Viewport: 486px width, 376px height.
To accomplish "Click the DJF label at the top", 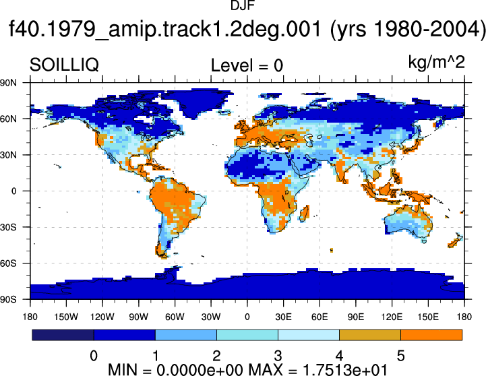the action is pyautogui.click(x=243, y=5).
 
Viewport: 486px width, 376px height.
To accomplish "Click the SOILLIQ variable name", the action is pyautogui.click(x=64, y=65).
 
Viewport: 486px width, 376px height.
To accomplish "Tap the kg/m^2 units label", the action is pyautogui.click(x=436, y=63).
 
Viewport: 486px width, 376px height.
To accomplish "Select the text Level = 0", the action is pyautogui.click(x=247, y=65).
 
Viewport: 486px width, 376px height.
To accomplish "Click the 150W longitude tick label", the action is pyautogui.click(x=66, y=317).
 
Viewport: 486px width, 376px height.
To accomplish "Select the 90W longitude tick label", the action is pyautogui.click(x=139, y=317).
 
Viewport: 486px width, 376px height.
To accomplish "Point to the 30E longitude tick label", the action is pyautogui.click(x=283, y=317).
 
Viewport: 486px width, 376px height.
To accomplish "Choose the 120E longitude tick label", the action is pyautogui.click(x=392, y=317).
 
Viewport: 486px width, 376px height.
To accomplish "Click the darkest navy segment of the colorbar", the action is pyautogui.click(x=63, y=335).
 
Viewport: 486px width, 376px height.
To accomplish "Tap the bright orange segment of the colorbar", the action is pyautogui.click(x=431, y=335).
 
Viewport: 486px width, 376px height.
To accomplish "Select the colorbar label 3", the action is pyautogui.click(x=278, y=356).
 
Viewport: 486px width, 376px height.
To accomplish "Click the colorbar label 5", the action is pyautogui.click(x=400, y=356).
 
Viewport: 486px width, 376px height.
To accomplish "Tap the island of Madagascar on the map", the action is pyautogui.click(x=305, y=214).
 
